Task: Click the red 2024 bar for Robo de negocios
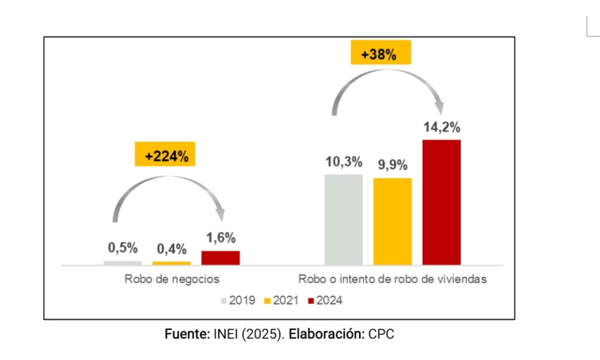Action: tap(220, 258)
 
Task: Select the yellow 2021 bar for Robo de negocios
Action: tap(172, 263)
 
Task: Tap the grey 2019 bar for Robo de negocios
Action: tap(123, 263)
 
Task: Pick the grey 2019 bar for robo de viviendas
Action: tap(343, 220)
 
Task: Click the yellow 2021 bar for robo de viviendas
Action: tap(392, 221)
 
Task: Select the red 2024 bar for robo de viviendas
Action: tap(441, 202)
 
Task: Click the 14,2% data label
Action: tap(441, 128)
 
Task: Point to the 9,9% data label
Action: tap(392, 165)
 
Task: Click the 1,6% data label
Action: tap(220, 238)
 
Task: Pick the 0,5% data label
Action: tap(122, 248)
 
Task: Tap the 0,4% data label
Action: tap(172, 249)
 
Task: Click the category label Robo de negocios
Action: tap(172, 280)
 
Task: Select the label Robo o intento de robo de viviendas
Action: tap(392, 280)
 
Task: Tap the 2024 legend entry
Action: tap(325, 301)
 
